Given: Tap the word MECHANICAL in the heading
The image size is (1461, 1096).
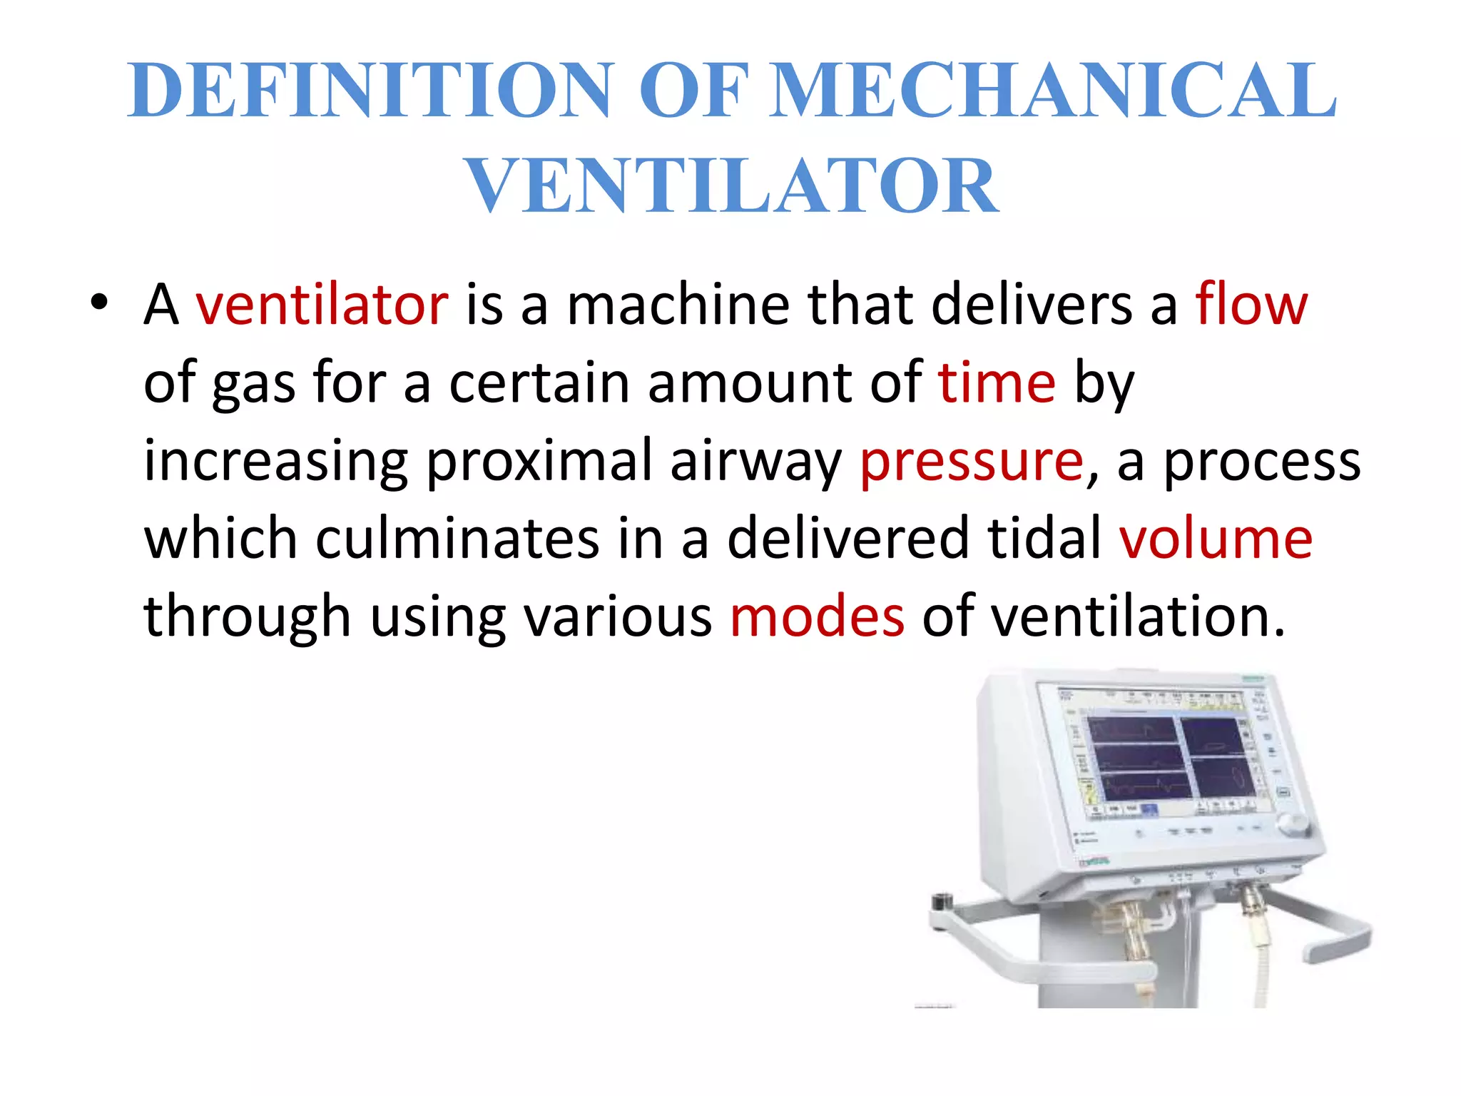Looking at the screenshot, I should [1054, 91].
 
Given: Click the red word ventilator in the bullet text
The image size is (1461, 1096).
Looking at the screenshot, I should [322, 305].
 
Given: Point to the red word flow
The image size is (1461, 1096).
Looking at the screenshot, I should [1251, 305].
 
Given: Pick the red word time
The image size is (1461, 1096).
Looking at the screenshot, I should [997, 382].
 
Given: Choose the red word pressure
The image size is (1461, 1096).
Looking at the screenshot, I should [972, 461].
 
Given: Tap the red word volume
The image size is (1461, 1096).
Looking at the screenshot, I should [1216, 539].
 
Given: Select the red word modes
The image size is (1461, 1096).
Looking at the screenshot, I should [817, 616].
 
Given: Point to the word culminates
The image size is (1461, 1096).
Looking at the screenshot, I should [457, 539].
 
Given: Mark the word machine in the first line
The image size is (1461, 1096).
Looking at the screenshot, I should [678, 305].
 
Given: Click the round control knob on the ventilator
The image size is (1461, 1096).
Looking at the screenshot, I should [1292, 823].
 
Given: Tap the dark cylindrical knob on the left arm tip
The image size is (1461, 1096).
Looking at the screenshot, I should [943, 901].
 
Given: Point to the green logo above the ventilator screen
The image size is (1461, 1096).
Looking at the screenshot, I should [1253, 678].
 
